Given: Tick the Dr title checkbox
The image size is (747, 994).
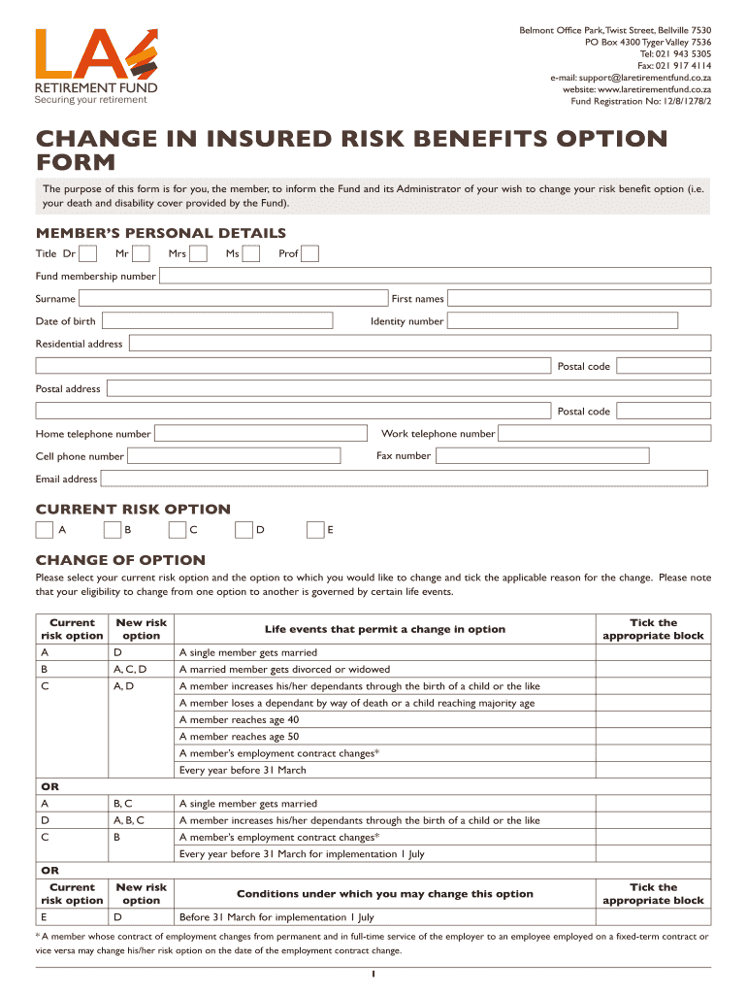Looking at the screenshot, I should click(x=87, y=254).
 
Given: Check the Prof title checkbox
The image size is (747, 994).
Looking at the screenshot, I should click(x=309, y=254).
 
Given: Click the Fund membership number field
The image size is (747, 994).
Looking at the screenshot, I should click(x=435, y=277).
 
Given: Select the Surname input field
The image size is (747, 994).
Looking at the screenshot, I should click(x=233, y=299).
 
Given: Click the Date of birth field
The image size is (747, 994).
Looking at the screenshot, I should click(x=216, y=321).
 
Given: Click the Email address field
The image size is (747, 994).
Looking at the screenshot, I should click(x=405, y=479).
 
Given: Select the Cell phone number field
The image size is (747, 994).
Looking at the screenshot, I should click(x=234, y=456).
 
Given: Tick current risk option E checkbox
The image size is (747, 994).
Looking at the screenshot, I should click(x=314, y=530).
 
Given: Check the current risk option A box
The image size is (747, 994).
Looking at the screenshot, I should click(x=45, y=530).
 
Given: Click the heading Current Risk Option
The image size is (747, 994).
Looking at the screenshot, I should click(x=133, y=510).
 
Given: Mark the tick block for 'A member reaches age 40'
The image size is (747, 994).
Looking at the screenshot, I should click(x=653, y=720).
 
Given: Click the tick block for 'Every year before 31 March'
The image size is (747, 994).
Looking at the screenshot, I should click(x=653, y=771).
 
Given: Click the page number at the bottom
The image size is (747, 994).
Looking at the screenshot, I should click(x=373, y=975).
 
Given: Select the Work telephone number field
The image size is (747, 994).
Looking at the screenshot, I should click(x=604, y=434).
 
